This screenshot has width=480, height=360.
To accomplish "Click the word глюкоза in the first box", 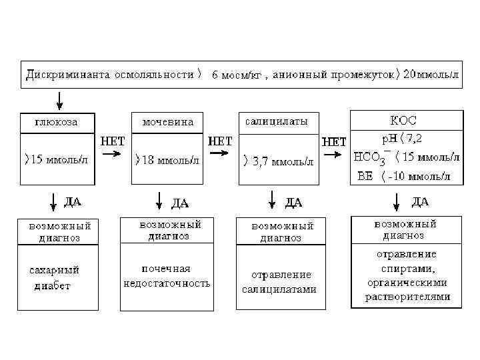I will coord(56,122).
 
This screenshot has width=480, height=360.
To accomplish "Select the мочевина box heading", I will coord(168,122).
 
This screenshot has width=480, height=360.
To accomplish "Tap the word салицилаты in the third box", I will coord(277,122).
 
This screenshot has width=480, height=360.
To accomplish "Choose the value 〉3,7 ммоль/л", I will coord(276,161).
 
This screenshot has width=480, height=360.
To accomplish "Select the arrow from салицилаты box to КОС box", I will coord(333,156).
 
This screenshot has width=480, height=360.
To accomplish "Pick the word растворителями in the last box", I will coord(407,297).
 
